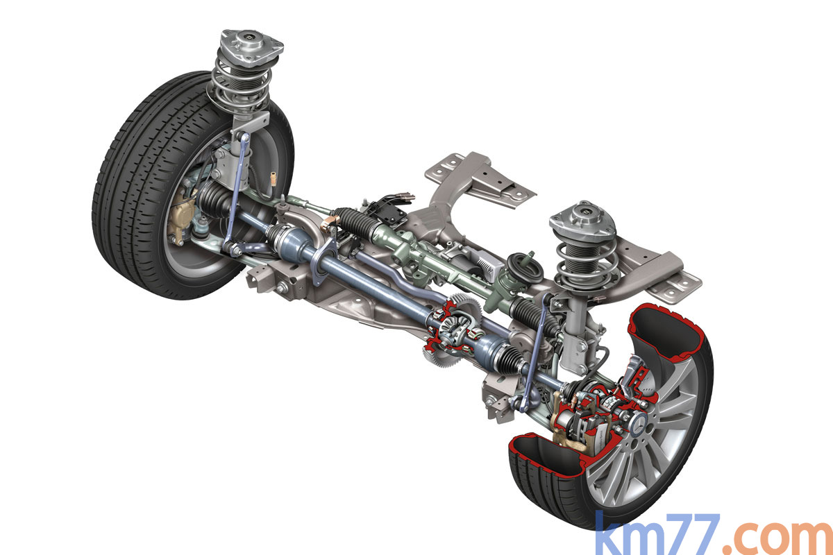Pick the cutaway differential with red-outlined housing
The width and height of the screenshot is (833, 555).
click(453, 328)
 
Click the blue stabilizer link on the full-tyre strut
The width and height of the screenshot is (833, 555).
click(237, 194)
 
